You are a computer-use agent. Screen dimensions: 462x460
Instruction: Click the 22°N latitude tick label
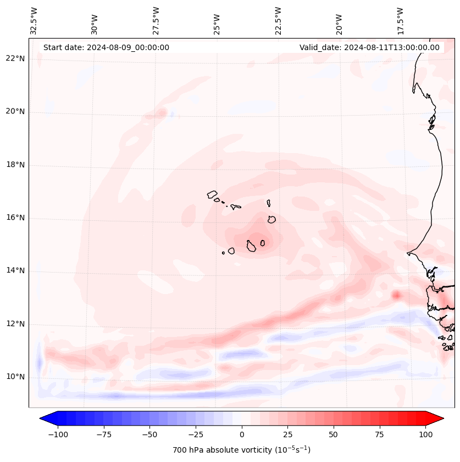pyautogui.click(x=15, y=59)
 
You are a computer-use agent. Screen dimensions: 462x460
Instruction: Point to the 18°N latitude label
pyautogui.click(x=15, y=165)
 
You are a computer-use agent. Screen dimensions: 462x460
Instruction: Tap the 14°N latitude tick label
pyautogui.click(x=15, y=270)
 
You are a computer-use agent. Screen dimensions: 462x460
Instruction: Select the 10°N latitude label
pyautogui.click(x=15, y=377)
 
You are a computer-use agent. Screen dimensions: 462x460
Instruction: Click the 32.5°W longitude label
pyautogui.click(x=34, y=20)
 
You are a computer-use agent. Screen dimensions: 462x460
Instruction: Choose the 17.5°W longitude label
pyautogui.click(x=400, y=20)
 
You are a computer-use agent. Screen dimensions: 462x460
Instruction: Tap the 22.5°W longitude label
pyautogui.click(x=278, y=20)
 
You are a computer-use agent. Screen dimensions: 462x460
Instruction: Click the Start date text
pyautogui.click(x=106, y=47)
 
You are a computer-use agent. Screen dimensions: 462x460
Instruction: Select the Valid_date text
pyautogui.click(x=369, y=47)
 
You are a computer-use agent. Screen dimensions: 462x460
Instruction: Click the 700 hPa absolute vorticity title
pyautogui.click(x=241, y=450)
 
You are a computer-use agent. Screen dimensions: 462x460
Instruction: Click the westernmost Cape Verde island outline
pyautogui.click(x=213, y=194)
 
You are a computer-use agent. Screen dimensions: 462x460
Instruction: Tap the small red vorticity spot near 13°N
pyautogui.click(x=396, y=295)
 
